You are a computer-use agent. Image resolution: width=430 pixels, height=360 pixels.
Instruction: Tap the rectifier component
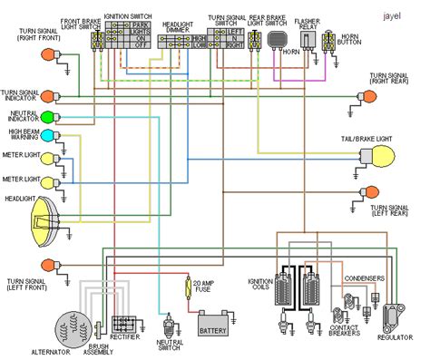point(124,324)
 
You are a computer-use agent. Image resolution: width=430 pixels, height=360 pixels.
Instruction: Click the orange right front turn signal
point(49,55)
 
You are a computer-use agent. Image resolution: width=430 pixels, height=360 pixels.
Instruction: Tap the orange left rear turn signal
point(369,192)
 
